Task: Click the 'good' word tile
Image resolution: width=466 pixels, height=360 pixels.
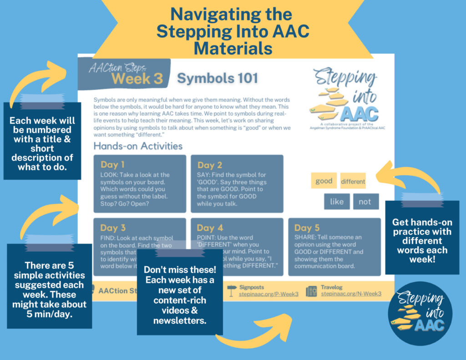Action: pyautogui.click(x=324, y=181)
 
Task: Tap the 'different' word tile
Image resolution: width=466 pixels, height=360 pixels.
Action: pyautogui.click(x=353, y=181)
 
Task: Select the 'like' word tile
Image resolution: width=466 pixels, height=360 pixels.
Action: pyautogui.click(x=337, y=202)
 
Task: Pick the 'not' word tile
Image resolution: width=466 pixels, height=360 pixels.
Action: pyautogui.click(x=365, y=202)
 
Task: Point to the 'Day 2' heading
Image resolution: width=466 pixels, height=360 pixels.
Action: pyautogui.click(x=210, y=165)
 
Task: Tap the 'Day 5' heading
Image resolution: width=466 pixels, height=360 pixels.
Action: pyautogui.click(x=307, y=228)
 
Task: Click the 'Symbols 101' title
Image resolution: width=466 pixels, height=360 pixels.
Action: pyautogui.click(x=218, y=78)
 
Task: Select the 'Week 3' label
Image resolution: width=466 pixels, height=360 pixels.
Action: pyautogui.click(x=137, y=78)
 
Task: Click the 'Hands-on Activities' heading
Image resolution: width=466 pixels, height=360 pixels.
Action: pyautogui.click(x=138, y=146)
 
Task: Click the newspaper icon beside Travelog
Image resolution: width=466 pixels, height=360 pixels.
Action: pyautogui.click(x=312, y=291)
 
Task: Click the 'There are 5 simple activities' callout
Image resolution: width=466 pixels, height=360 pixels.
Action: pyautogui.click(x=49, y=285)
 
